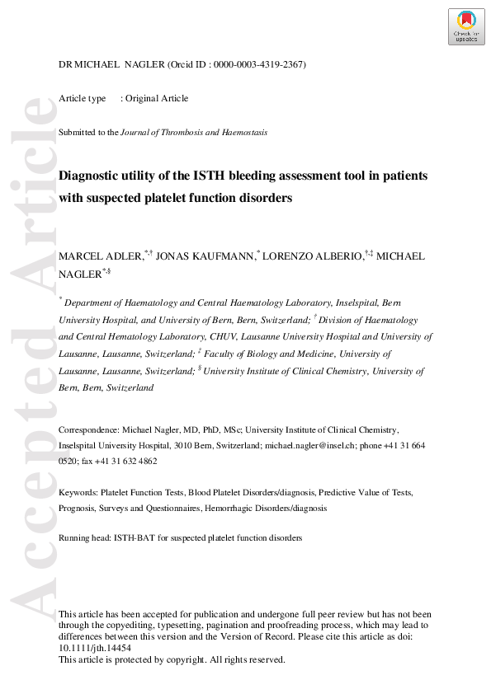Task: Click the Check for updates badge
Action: click(x=466, y=26)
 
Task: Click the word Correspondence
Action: click(x=88, y=430)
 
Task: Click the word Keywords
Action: click(x=77, y=493)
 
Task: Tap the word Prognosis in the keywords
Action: click(x=77, y=509)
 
